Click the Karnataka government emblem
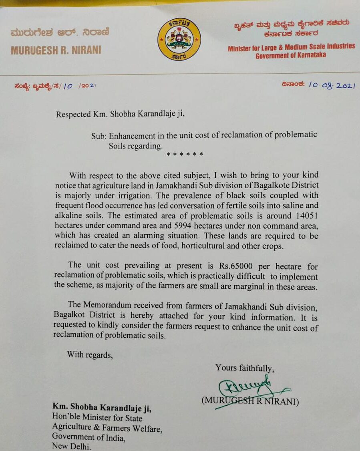click(x=179, y=39)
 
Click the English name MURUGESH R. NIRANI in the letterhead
click(x=56, y=50)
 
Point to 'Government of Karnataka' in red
click(x=290, y=55)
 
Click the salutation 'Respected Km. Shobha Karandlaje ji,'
click(x=121, y=114)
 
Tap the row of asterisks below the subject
click(x=185, y=155)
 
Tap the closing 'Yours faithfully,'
click(x=245, y=368)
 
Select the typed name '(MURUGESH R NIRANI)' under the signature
click(x=250, y=401)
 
